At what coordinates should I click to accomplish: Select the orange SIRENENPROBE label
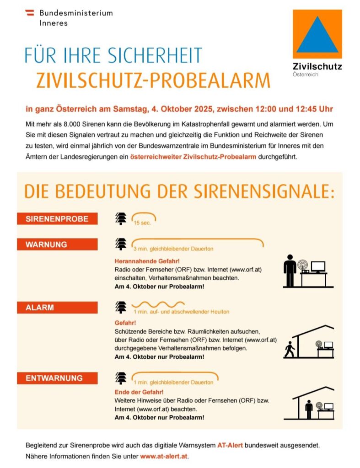click(x=57, y=219)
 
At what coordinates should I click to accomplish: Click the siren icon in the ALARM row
click(x=121, y=307)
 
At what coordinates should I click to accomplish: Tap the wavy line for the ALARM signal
click(x=158, y=304)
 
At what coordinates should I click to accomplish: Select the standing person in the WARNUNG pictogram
click(x=290, y=270)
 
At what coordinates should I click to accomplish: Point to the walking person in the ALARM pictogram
click(x=289, y=349)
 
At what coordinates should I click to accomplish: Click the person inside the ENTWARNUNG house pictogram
click(x=309, y=409)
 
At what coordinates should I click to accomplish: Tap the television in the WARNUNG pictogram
click(x=318, y=266)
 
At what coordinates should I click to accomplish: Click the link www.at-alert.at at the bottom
click(x=164, y=456)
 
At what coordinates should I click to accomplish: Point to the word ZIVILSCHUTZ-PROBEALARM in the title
click(x=153, y=80)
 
